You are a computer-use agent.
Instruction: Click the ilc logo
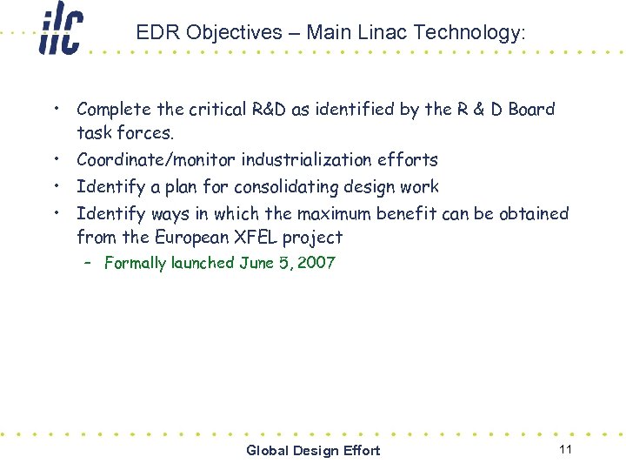(60, 29)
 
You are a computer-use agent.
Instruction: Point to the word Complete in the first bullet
(112, 110)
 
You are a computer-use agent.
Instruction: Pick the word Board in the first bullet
(531, 110)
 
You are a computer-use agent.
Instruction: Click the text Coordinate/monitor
(156, 160)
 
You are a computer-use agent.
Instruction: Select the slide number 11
(565, 449)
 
